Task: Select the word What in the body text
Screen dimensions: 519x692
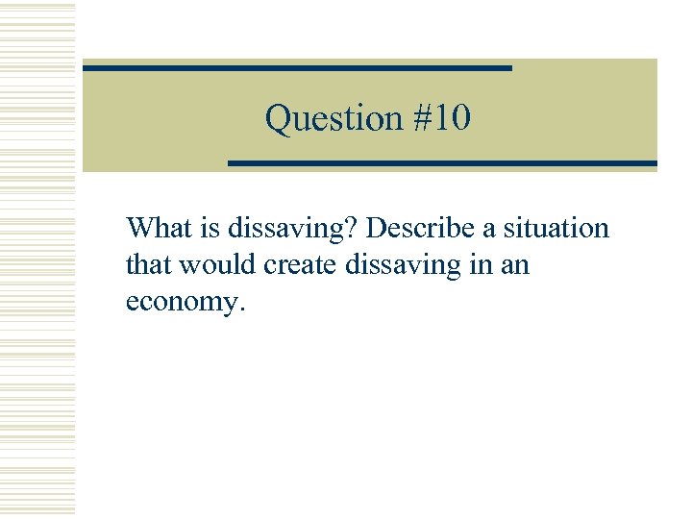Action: pos(159,229)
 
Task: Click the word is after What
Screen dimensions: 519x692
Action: pos(210,229)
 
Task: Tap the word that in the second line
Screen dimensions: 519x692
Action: pos(147,264)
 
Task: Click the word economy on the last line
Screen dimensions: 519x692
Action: pos(183,302)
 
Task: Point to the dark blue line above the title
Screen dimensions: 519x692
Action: pos(297,68)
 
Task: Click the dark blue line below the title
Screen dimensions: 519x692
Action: pos(442,163)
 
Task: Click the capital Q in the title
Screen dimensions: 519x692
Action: pos(278,119)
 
